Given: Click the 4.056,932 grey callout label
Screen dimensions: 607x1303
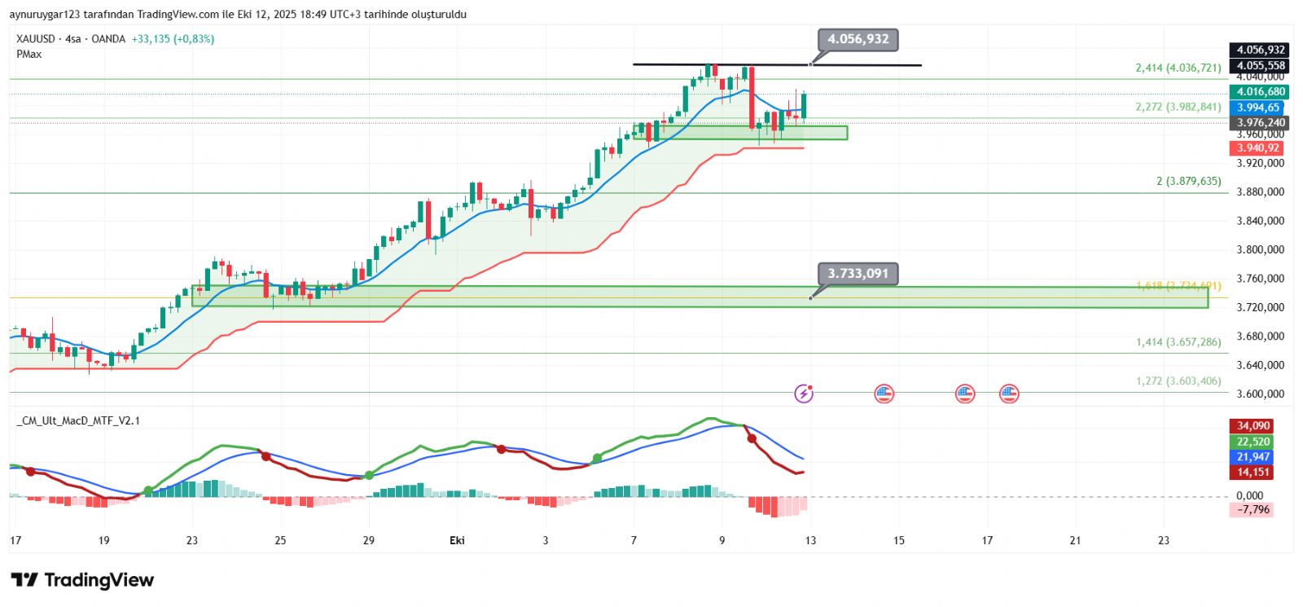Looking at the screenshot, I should coord(858,39).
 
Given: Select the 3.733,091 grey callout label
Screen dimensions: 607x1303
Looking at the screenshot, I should coord(858,274).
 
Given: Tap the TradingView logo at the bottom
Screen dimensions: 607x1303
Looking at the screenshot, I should coord(82,580).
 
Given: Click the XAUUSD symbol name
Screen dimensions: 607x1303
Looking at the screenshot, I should coord(36,39).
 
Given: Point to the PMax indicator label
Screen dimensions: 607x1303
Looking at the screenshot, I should coord(29,55).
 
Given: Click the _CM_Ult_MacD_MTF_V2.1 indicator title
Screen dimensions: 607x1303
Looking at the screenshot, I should coord(78,421).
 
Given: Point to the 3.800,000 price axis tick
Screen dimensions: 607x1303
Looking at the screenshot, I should coord(1260,250).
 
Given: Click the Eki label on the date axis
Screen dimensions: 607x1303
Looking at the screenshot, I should coord(457,540).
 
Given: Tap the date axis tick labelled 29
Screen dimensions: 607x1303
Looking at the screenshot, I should coord(369,540).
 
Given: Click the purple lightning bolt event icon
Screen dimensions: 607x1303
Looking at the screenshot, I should coord(804,394).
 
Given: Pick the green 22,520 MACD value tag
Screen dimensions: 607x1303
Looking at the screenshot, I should coord(1253,442).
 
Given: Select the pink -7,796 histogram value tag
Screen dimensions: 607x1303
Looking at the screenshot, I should coord(1253,510).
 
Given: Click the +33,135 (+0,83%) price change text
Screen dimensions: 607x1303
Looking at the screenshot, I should coord(173,39).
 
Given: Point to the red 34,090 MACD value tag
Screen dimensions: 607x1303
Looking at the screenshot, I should coord(1253,426).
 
